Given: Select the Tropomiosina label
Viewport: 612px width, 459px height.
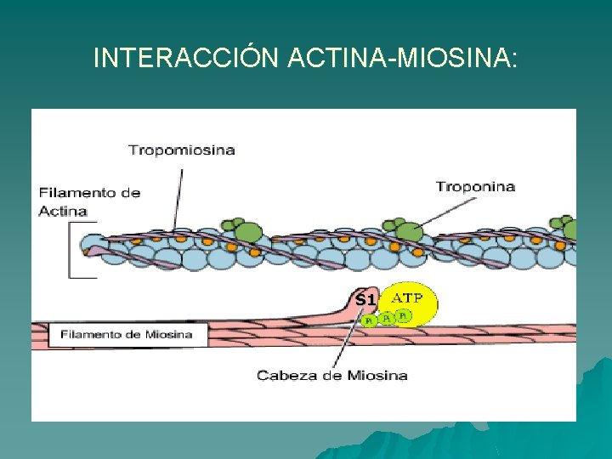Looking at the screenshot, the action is (182, 150).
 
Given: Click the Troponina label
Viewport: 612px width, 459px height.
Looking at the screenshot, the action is (475, 186).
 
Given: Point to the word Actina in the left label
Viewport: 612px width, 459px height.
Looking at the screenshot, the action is (63, 211).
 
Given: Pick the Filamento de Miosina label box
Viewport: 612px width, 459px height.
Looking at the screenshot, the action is (126, 334).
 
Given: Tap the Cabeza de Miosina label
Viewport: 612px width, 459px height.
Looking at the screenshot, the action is (332, 375).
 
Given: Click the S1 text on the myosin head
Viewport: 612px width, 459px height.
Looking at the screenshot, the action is (365, 299).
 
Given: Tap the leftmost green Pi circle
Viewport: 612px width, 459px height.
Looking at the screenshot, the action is (369, 320).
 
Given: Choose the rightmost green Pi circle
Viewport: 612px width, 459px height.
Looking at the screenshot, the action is (403, 315).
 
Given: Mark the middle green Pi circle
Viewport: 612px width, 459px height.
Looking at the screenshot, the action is (387, 318).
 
